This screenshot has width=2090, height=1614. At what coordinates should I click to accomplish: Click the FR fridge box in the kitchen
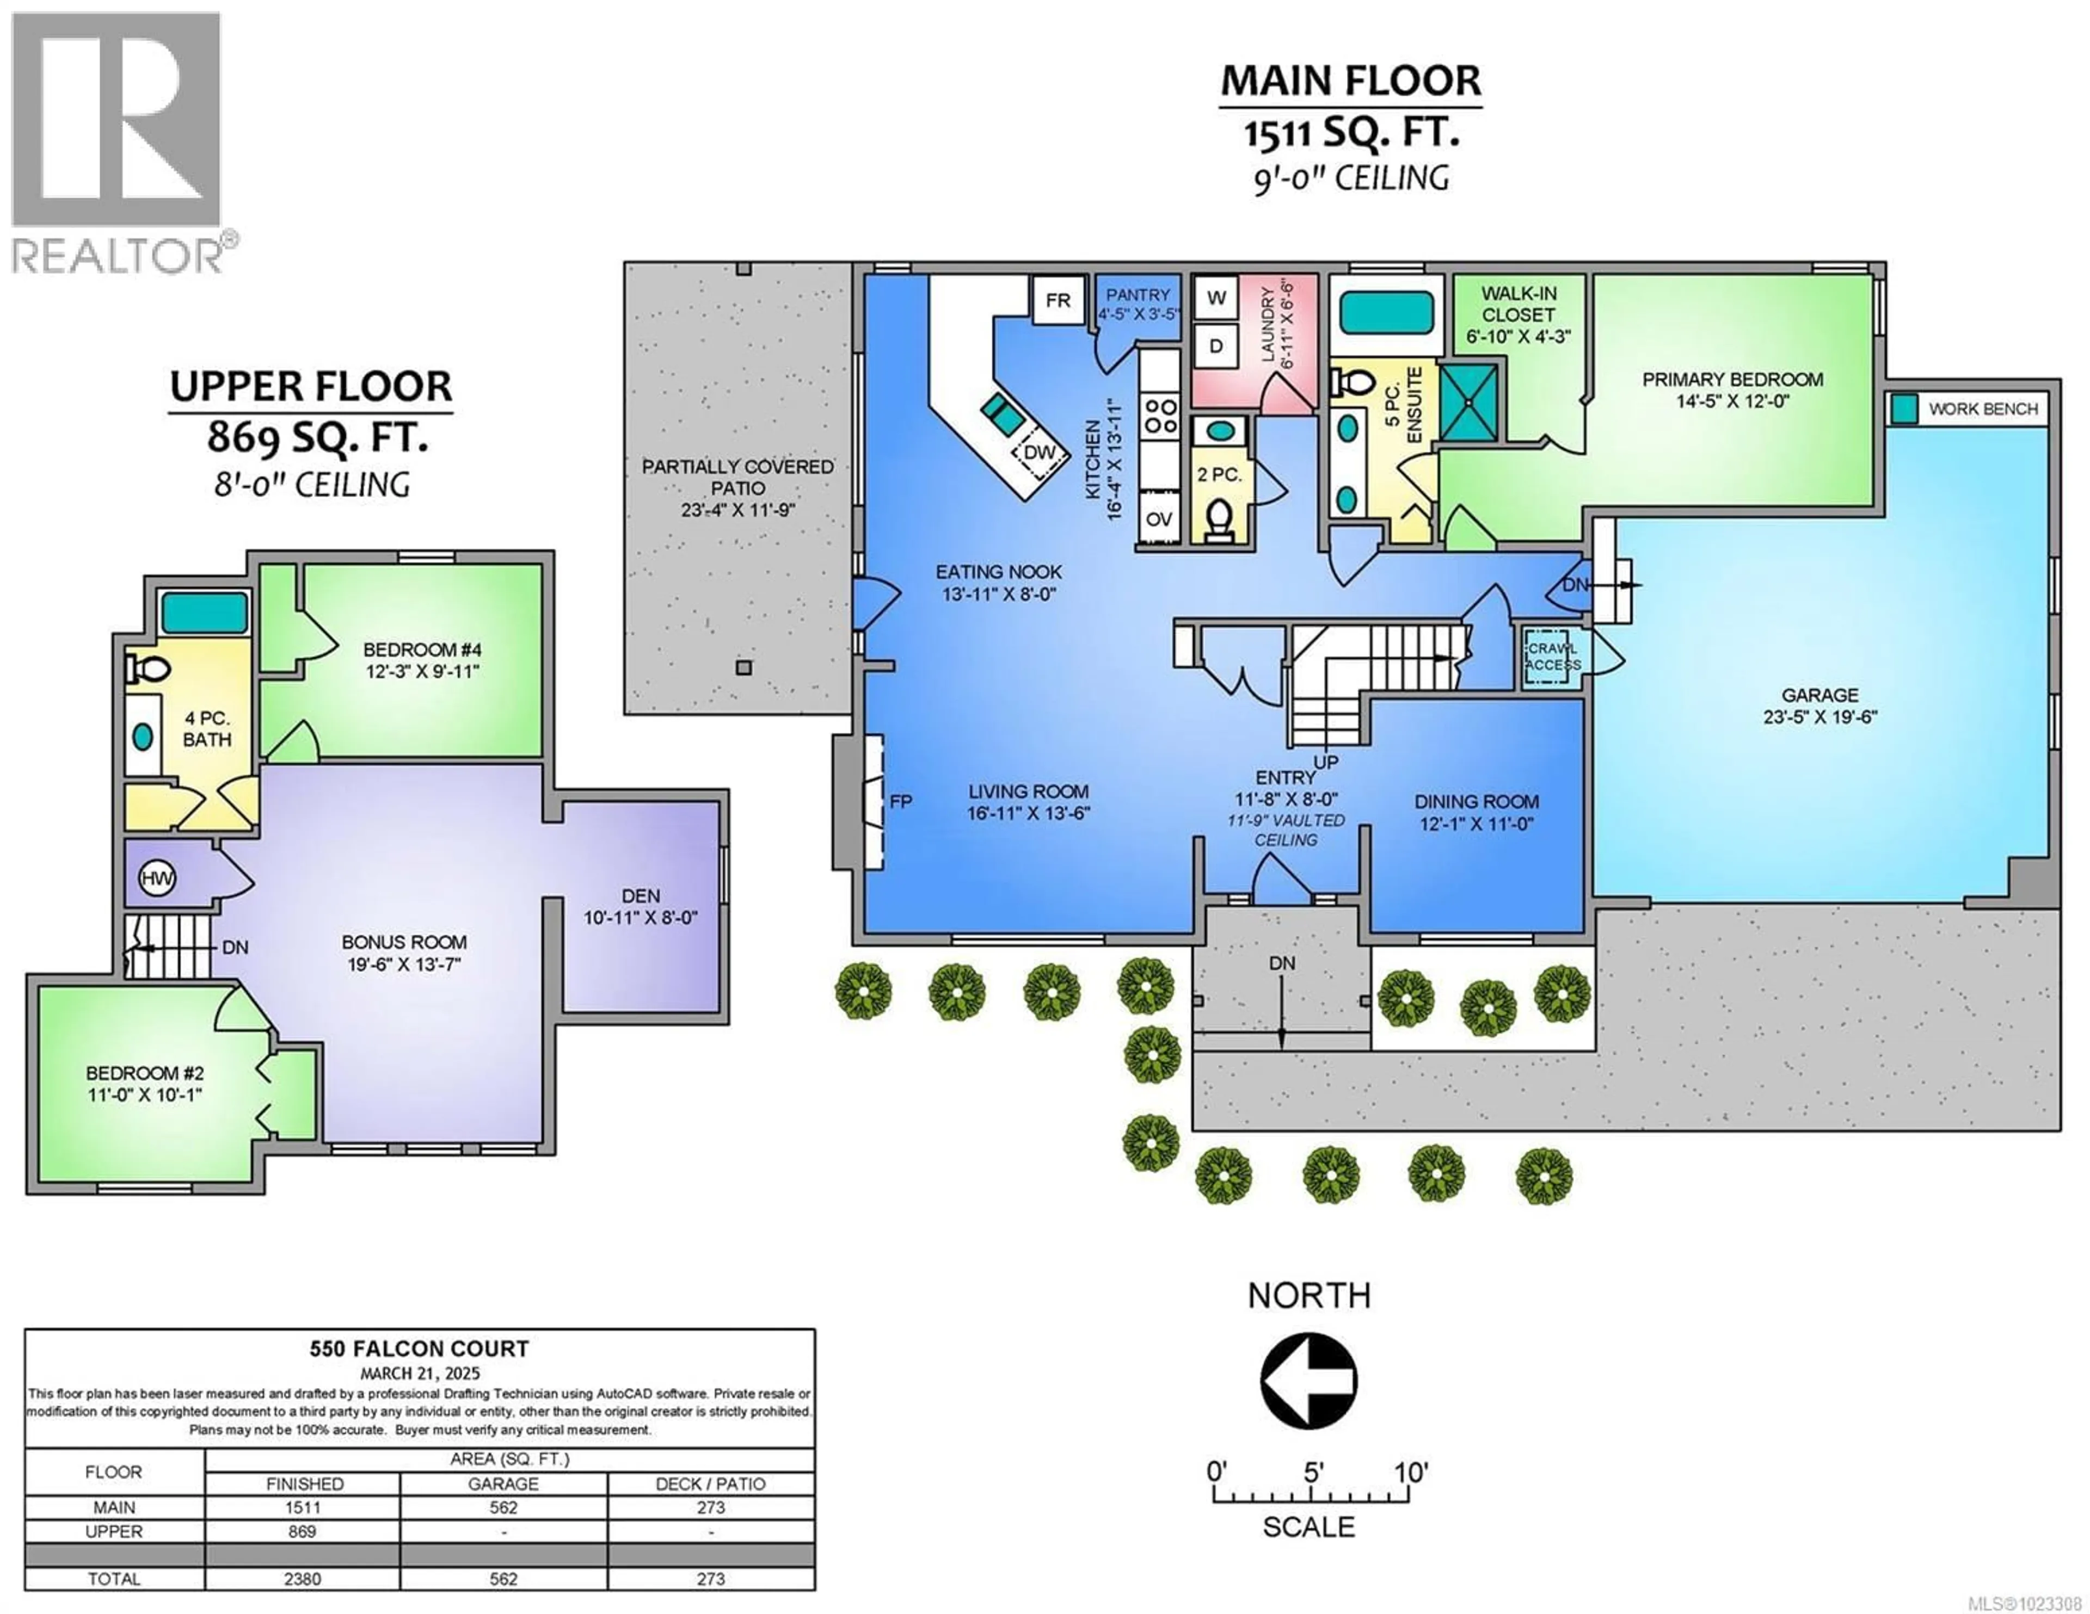[1058, 300]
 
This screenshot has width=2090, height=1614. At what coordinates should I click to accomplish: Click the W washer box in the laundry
[1216, 298]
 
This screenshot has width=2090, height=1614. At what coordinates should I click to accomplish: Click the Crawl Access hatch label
[1552, 656]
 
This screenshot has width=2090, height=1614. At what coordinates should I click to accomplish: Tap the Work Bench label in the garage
[1983, 409]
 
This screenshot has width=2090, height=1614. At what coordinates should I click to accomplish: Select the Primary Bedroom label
[1732, 389]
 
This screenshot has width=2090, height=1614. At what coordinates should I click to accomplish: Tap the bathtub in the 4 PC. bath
[205, 613]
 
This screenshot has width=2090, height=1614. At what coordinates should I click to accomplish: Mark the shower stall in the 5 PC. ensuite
[1469, 402]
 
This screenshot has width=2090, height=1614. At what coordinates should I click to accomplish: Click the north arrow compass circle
[1308, 1381]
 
